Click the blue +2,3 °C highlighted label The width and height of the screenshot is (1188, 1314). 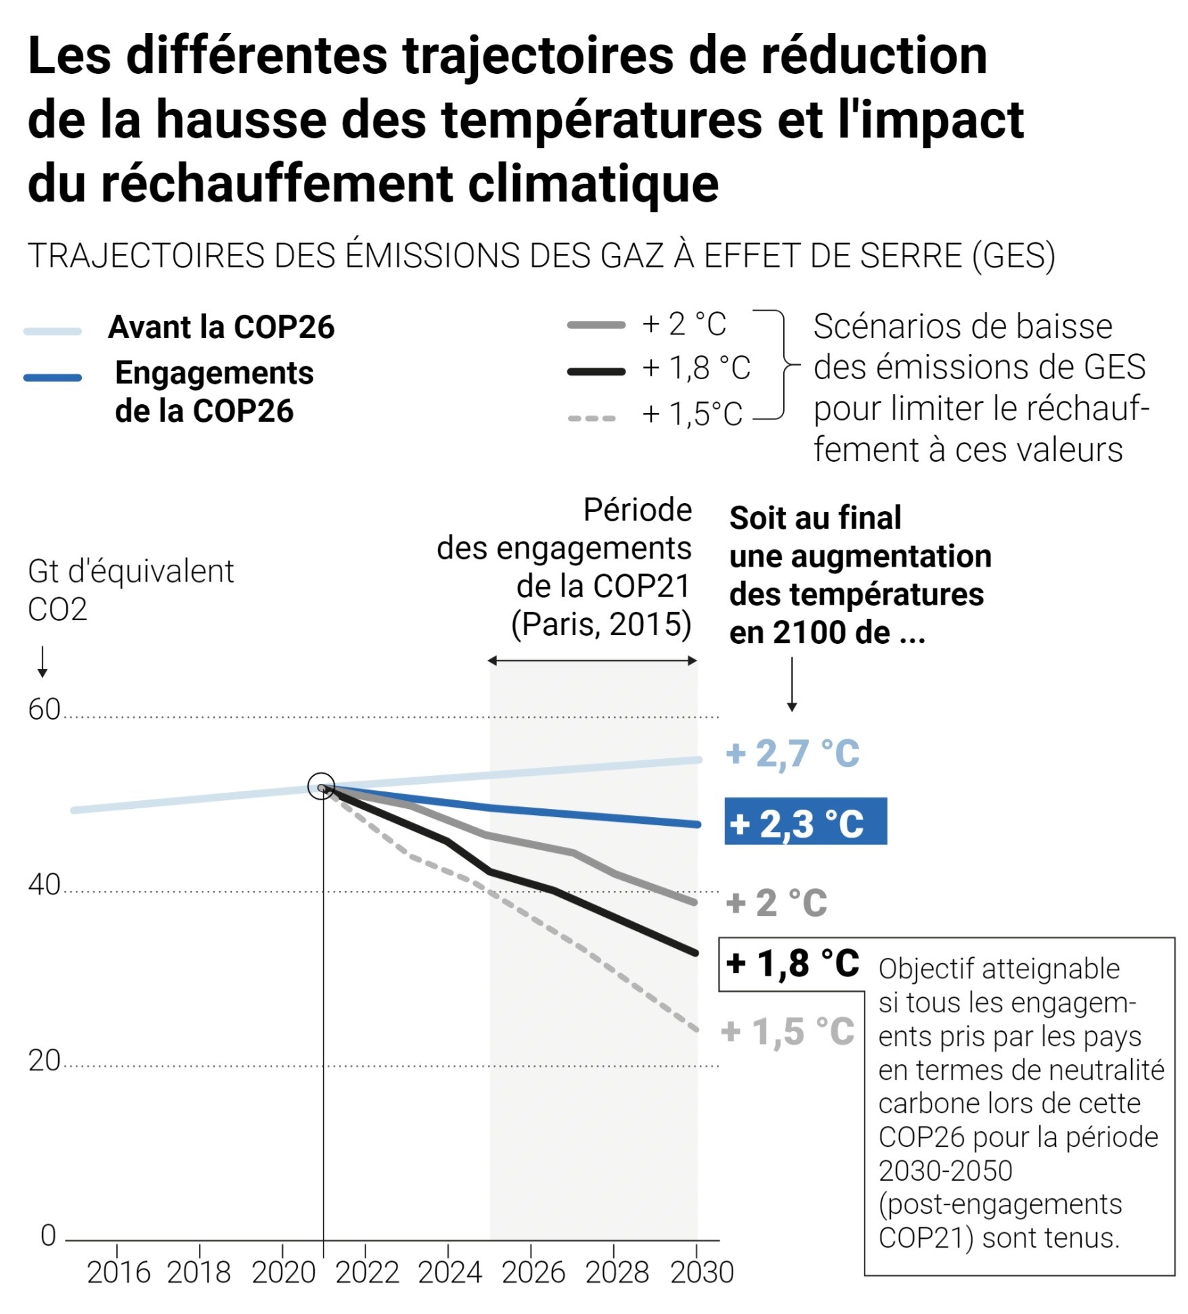click(x=805, y=823)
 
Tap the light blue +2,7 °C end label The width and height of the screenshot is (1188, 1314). click(x=792, y=753)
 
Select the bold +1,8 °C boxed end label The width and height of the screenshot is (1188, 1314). click(x=792, y=964)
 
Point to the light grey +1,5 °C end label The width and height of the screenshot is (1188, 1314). click(x=787, y=1032)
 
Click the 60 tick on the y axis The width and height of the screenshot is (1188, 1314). click(x=44, y=709)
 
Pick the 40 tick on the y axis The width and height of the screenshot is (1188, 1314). click(x=44, y=885)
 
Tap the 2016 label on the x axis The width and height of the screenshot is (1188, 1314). click(x=118, y=1273)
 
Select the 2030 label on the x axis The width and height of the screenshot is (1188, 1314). click(x=701, y=1273)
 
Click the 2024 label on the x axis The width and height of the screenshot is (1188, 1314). click(x=449, y=1273)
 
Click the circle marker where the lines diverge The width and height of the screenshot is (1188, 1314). click(x=321, y=786)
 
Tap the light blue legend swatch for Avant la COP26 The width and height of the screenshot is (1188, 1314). click(x=53, y=331)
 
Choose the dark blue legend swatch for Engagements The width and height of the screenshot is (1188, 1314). click(x=53, y=378)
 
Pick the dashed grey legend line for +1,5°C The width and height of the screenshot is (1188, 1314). click(x=592, y=418)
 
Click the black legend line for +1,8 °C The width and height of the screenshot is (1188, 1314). click(x=596, y=371)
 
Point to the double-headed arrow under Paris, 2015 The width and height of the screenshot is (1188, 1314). click(x=592, y=661)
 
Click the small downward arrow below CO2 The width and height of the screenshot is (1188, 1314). click(x=42, y=661)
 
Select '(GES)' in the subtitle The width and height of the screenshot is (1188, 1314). click(x=1013, y=257)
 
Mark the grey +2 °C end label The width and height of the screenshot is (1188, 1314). click(x=776, y=903)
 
